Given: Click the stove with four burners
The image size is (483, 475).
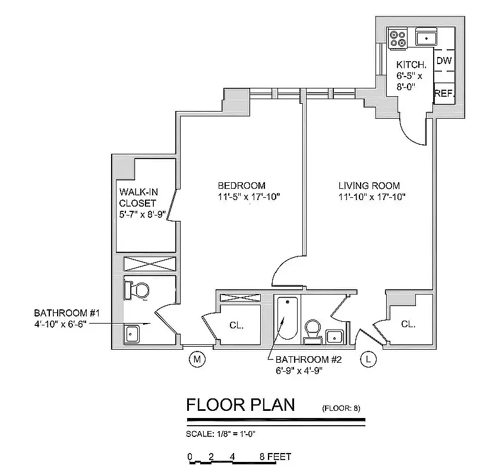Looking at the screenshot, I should coord(398,39).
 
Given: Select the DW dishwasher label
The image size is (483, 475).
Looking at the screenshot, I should coord(443,61).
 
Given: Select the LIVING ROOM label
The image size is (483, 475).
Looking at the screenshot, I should coord(369,185).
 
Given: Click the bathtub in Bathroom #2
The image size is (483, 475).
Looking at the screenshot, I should coord(287,318).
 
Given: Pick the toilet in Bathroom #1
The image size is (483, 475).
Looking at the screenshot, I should coord(137,290).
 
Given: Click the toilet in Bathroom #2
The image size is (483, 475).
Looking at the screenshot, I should coord(312,330).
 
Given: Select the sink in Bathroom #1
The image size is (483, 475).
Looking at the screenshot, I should coord(132,334).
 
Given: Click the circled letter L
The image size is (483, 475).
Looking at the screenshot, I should coord(369,359).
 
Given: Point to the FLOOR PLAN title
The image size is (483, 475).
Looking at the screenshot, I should coord(240,405).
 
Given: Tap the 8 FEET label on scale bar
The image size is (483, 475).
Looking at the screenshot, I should coord(275,457).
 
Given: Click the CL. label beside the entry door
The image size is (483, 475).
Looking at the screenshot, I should coord(408,324).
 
